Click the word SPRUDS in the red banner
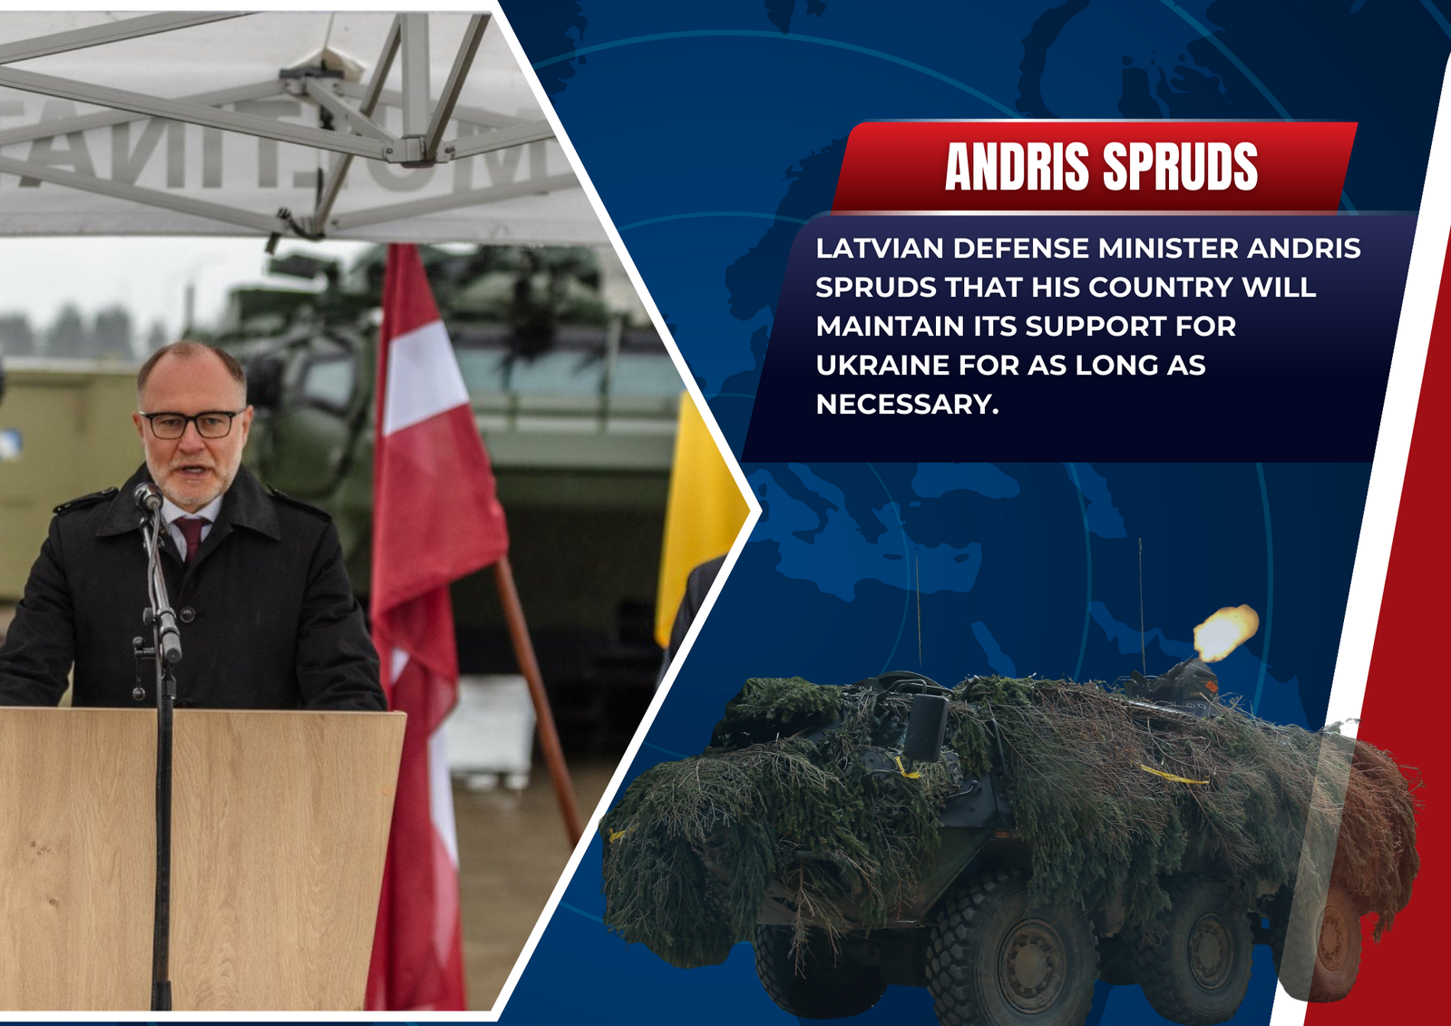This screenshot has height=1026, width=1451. [1180, 167]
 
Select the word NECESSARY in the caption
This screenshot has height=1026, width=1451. [907, 405]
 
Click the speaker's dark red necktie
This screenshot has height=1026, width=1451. [190, 537]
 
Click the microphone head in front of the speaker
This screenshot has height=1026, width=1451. [148, 497]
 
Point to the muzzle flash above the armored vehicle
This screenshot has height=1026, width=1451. [1225, 633]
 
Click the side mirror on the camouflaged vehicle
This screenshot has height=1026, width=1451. [925, 728]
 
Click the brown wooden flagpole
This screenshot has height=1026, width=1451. [539, 700]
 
